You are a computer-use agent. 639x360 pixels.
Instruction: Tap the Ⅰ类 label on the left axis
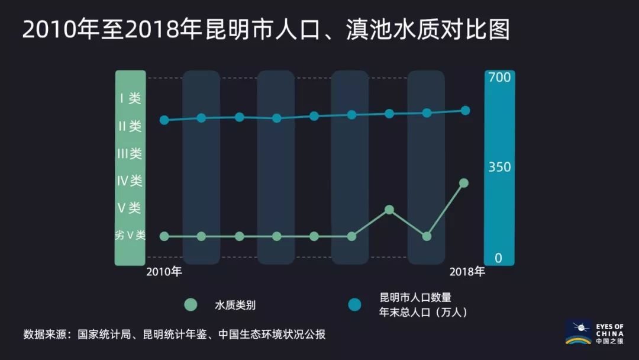[130, 98]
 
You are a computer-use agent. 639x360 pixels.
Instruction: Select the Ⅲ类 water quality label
[130, 154]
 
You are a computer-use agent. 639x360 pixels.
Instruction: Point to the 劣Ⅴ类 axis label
[130, 236]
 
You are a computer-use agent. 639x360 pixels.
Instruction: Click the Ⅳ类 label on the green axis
[130, 181]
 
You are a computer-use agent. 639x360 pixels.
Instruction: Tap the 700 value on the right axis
[499, 78]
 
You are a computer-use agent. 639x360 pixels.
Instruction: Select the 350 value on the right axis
[499, 168]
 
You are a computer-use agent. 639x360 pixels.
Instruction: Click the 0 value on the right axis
[498, 258]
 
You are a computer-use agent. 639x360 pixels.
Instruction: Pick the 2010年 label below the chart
[164, 272]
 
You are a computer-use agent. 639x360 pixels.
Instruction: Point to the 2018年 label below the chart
[467, 272]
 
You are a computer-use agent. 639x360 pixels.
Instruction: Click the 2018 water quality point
[464, 183]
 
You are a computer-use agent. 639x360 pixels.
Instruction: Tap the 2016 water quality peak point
[389, 210]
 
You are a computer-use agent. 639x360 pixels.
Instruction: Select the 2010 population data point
[164, 120]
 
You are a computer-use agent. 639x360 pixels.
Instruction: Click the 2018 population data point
[465, 110]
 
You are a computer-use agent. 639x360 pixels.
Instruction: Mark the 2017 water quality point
[427, 236]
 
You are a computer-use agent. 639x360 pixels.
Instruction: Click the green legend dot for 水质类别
[190, 305]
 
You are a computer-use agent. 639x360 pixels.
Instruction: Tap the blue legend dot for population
[354, 305]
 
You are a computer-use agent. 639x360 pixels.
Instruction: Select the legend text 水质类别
[235, 306]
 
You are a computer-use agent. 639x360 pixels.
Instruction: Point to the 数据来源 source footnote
[175, 334]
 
